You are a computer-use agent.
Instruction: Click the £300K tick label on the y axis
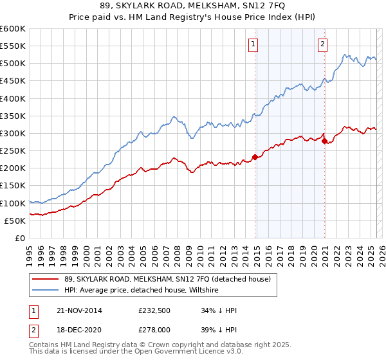coord(13,133)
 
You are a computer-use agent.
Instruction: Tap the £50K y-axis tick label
coord(15,221)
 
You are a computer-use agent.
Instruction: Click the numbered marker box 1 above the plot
coord(253,44)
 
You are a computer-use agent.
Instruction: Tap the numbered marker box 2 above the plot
coord(322,44)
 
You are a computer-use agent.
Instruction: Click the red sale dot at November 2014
coord(255,157)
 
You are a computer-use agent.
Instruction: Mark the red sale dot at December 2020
coord(325,141)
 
